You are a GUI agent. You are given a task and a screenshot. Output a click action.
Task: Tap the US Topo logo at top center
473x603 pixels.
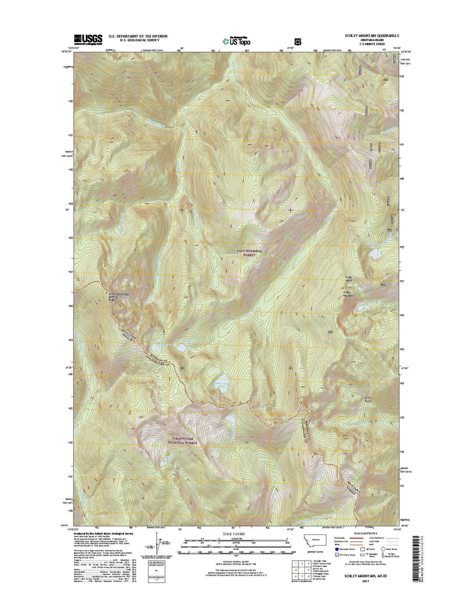click(x=236, y=40)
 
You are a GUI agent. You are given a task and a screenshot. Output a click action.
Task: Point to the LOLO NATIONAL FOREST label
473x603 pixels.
click(x=249, y=253)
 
